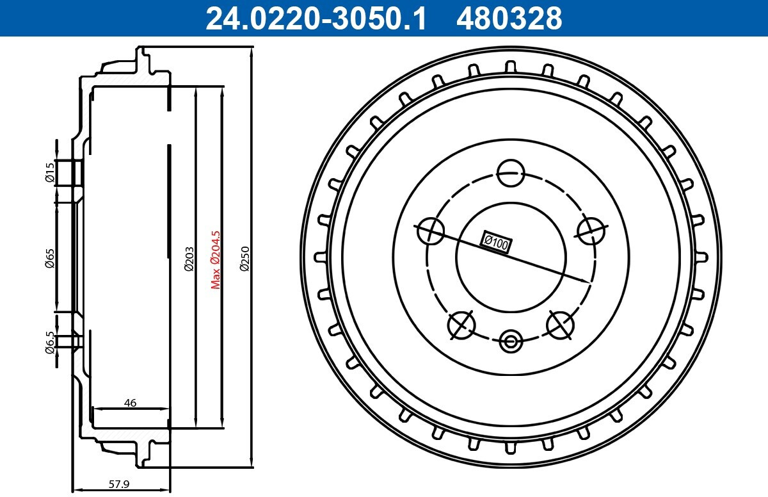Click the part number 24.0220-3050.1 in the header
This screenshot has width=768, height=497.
[x=316, y=18]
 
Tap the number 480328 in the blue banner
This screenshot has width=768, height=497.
[x=509, y=18]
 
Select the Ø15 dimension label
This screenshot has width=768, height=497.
[x=50, y=172]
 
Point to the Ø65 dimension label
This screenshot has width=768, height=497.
[x=50, y=258]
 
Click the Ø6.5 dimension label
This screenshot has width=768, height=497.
[x=50, y=342]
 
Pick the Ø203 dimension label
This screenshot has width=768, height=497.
[x=189, y=259]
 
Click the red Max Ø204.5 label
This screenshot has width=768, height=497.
[x=216, y=260]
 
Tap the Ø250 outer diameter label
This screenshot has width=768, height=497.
[x=244, y=259]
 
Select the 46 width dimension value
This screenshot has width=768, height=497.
[x=130, y=403]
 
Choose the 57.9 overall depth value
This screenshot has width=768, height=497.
[x=119, y=484]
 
